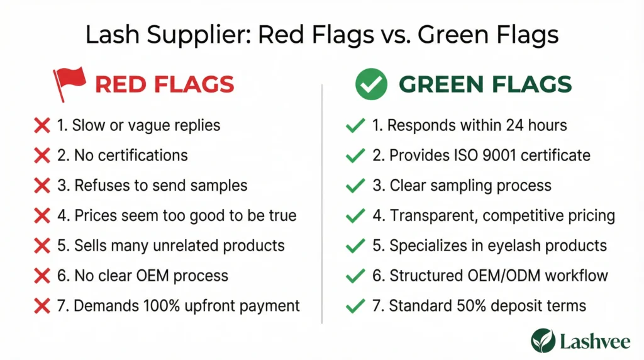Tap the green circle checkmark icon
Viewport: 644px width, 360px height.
click(371, 84)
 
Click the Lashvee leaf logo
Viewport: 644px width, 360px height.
click(543, 340)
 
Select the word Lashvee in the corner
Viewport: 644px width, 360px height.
click(595, 342)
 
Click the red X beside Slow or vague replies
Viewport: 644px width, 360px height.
click(42, 125)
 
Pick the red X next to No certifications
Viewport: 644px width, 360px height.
click(42, 155)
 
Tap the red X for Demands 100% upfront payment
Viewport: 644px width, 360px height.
click(42, 306)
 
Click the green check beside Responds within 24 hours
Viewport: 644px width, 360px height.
click(355, 125)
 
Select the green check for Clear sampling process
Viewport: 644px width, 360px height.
click(355, 185)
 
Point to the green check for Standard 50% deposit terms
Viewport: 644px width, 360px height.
click(355, 306)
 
